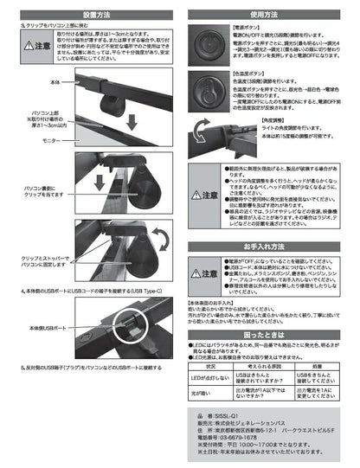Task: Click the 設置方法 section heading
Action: click(x=91, y=15)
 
